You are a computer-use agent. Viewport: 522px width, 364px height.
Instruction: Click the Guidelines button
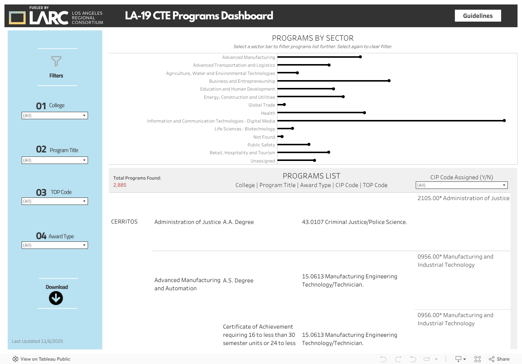(478, 16)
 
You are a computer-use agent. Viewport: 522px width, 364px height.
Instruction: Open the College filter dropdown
(55, 115)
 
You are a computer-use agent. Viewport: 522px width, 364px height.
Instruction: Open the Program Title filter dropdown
(55, 160)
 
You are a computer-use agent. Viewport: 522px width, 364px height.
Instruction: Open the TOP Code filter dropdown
(55, 201)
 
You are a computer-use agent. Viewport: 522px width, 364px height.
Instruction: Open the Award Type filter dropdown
(55, 245)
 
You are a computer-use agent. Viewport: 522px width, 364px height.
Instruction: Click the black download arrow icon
(56, 298)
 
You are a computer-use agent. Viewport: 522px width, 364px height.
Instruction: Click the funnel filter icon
(56, 61)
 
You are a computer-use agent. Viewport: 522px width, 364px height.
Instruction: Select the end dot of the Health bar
(364, 113)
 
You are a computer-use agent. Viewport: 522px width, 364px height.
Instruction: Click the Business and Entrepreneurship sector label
(242, 81)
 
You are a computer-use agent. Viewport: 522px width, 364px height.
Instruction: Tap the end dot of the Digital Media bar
(504, 121)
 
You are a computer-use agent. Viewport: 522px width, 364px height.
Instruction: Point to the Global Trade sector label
(262, 105)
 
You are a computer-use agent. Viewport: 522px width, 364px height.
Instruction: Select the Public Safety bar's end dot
(309, 145)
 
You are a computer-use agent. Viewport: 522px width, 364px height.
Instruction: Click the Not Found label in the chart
(264, 137)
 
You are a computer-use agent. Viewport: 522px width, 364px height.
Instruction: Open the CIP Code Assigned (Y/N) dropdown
(462, 185)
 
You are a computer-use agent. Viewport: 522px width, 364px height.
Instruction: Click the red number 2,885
(120, 185)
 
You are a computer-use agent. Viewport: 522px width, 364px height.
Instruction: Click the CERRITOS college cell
(124, 222)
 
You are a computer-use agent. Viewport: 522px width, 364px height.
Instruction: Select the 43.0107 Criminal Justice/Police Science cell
(354, 222)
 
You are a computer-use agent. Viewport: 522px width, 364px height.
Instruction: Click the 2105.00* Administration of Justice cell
(463, 198)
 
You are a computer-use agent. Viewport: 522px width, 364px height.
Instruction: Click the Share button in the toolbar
(499, 359)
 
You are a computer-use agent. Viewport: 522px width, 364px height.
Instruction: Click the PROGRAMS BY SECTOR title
(312, 38)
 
